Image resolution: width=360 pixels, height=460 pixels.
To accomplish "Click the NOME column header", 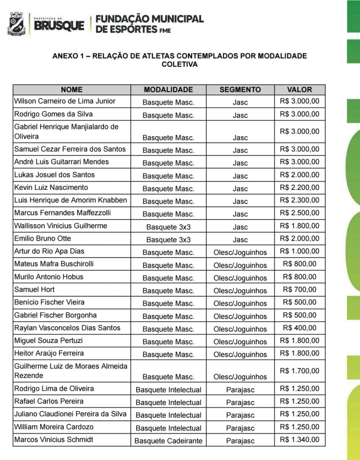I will coord(72,90).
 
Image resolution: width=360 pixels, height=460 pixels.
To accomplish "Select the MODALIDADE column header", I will coord(168,90).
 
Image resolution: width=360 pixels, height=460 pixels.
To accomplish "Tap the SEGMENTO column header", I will coord(240,90).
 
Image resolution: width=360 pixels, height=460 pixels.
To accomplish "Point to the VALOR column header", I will coord(299,90).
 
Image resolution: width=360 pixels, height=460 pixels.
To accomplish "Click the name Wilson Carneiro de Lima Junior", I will coord(65,101).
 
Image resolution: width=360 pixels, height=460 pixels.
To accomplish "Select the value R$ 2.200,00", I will coord(299,187).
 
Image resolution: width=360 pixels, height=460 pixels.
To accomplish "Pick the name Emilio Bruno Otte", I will coord(43,238).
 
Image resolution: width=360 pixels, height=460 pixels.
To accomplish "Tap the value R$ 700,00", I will coord(299,289).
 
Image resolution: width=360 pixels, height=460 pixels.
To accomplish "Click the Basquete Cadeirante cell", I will coord(168,441).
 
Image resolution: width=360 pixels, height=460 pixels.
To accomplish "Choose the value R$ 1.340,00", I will coord(299,439).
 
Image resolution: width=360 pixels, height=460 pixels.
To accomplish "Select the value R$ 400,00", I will coord(299,328).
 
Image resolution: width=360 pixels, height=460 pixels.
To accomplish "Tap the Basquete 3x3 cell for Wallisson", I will coord(168,227).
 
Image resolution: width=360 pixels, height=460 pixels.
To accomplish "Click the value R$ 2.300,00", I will coord(299,200).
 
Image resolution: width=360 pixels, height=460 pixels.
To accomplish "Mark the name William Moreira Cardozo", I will coord(54,427).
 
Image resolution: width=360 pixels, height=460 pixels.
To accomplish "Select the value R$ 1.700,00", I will coord(299,371).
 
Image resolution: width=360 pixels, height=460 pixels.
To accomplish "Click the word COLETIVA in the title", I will coord(180,65).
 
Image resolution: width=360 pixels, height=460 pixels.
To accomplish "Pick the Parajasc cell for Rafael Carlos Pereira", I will coord(240,402).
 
